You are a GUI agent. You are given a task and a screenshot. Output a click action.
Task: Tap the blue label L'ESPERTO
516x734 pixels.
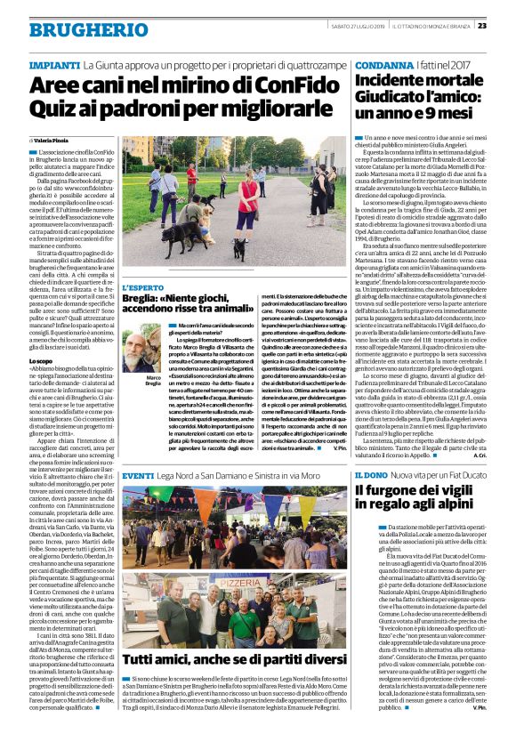[141, 288]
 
